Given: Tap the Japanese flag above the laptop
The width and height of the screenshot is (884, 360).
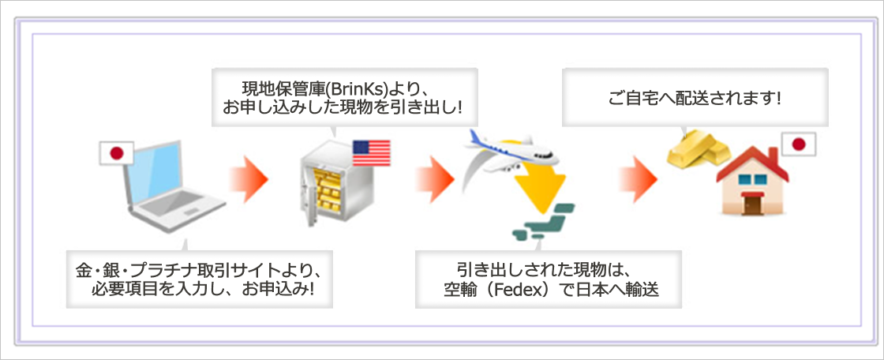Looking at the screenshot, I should pyautogui.click(x=117, y=154).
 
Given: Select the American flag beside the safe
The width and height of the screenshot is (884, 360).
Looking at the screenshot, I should pyautogui.click(x=371, y=152).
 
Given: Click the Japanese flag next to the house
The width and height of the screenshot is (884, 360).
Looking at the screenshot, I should pyautogui.click(x=798, y=144).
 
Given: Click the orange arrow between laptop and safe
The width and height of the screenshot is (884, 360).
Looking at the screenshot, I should pyautogui.click(x=249, y=178).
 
